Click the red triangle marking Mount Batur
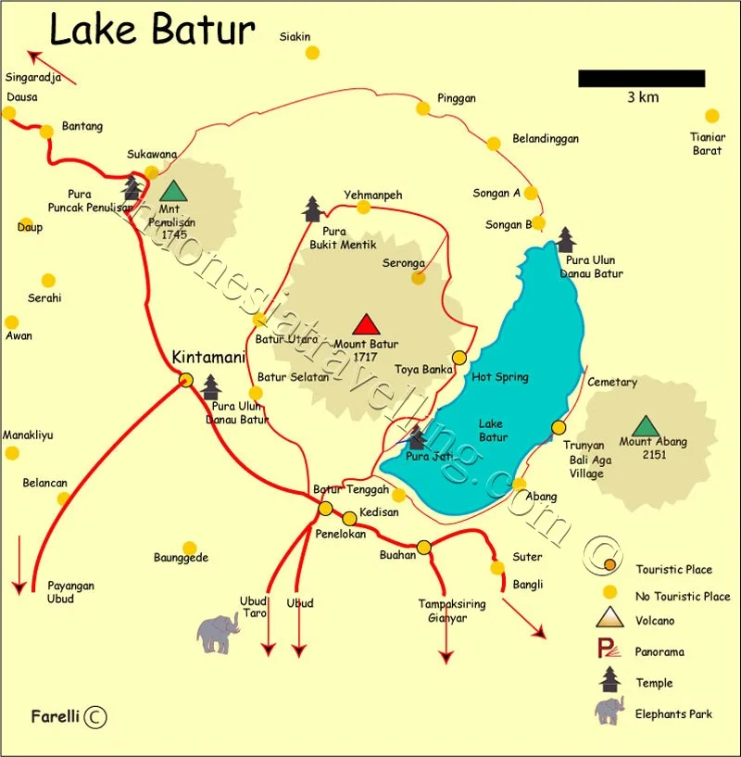click(367, 324)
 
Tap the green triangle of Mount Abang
click(646, 426)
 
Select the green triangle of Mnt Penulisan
click(172, 192)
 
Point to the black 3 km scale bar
click(641, 79)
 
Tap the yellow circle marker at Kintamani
click(185, 379)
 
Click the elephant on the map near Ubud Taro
click(219, 633)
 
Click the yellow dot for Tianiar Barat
click(711, 116)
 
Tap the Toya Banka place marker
click(459, 358)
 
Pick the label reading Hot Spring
click(499, 377)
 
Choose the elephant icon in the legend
click(609, 712)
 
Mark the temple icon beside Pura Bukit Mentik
click(312, 209)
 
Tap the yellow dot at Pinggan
click(422, 107)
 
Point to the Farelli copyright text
click(69, 716)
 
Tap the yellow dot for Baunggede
click(189, 548)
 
